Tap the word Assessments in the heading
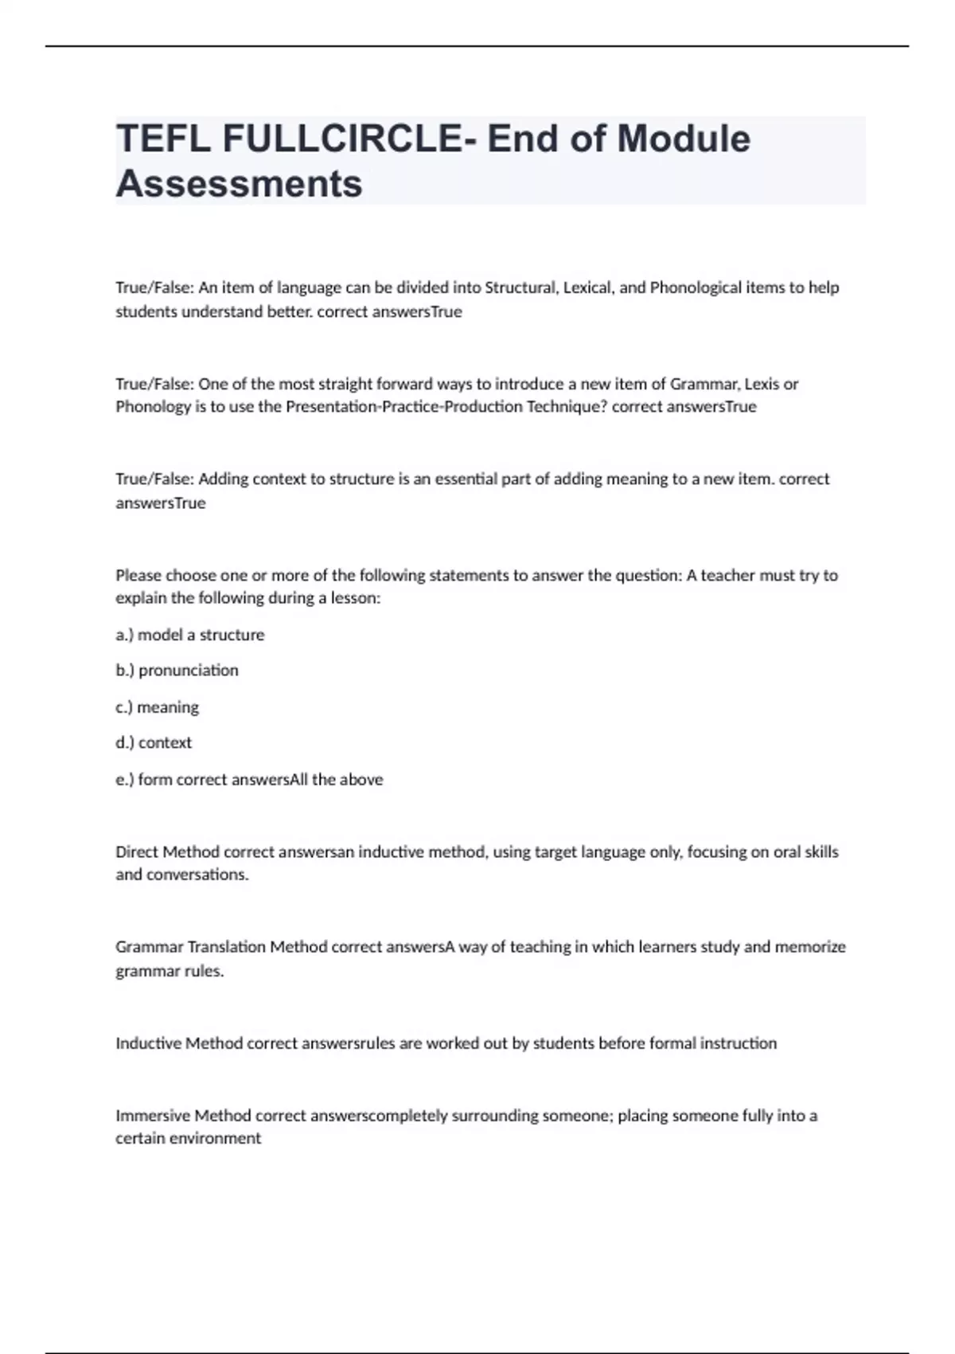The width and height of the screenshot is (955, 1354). pos(239,184)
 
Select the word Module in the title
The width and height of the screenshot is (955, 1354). pos(684,139)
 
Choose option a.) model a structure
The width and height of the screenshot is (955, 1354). pos(189,635)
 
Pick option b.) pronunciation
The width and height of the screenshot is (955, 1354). pos(177,671)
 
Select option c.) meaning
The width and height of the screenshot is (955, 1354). pos(157,707)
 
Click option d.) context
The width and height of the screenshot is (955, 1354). pos(154,743)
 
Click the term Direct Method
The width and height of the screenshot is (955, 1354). pos(167,852)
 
